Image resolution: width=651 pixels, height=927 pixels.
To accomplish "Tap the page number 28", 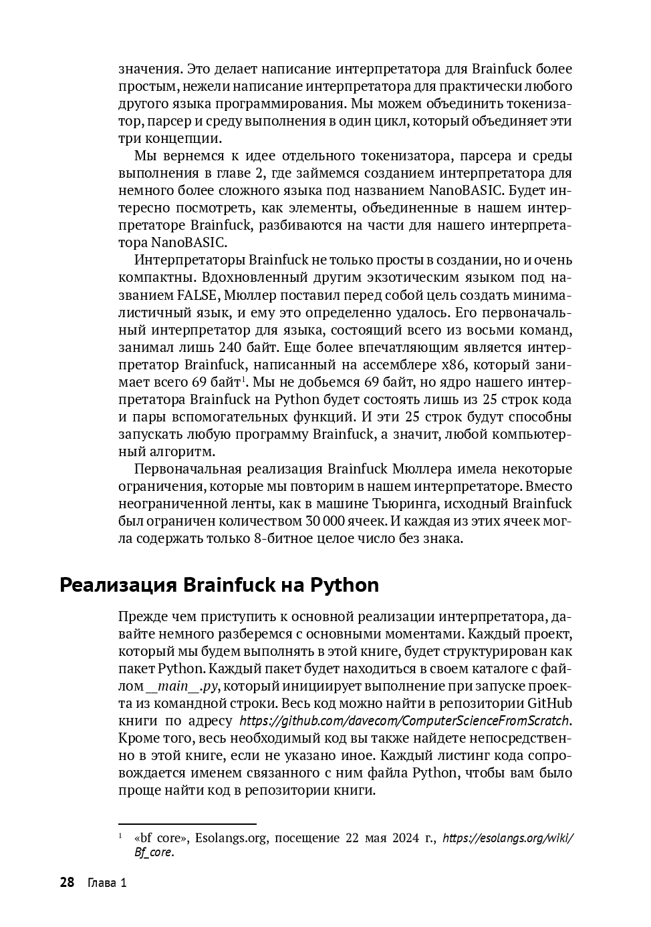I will tap(67, 883).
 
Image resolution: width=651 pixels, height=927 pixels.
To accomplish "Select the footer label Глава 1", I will tap(107, 883).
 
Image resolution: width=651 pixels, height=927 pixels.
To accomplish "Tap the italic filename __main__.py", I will tap(183, 686).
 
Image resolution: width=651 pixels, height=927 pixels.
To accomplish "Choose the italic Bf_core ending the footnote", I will tap(153, 853).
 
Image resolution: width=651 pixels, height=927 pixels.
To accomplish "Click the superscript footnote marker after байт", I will tap(244, 379).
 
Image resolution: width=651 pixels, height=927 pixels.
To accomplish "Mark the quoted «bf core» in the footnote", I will tap(161, 838).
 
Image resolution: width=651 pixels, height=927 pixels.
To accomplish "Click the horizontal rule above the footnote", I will tap(187, 825).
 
